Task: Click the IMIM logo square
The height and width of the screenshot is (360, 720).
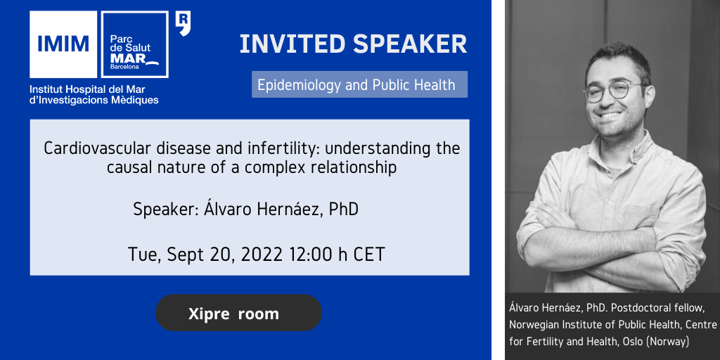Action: coord(63,44)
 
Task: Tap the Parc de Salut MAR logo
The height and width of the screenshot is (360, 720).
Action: coord(134,44)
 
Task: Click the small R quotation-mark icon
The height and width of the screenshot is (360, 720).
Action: coord(183,23)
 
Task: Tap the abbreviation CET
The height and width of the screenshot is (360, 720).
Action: coord(368,255)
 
